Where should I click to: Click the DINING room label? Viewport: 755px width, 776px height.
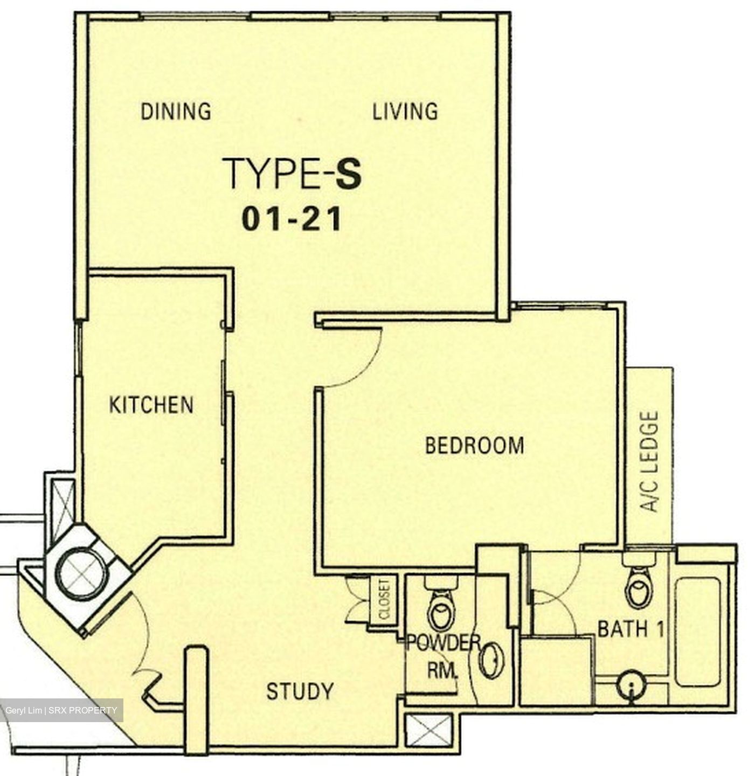pos(176,111)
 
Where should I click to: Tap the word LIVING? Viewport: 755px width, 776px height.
pos(405,111)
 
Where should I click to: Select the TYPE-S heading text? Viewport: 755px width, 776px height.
pos(292,174)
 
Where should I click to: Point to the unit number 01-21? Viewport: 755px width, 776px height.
pos(292,219)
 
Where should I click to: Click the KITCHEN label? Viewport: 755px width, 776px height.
pos(151,405)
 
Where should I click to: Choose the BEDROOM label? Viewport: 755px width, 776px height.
pos(475,446)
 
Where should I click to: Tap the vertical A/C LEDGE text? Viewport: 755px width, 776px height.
pos(649,461)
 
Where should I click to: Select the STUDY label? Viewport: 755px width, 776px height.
pos(300,691)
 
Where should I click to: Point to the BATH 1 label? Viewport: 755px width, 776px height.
pos(631,629)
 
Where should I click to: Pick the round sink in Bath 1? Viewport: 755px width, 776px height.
pos(631,685)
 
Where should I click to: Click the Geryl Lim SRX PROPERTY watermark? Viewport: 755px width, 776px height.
pos(61,710)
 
